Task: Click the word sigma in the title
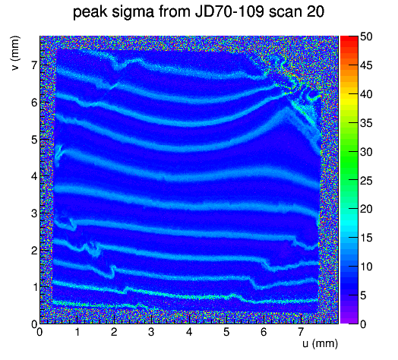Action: [133, 12]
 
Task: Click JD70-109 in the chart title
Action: [229, 11]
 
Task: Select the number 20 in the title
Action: [315, 11]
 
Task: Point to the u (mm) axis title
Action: [320, 343]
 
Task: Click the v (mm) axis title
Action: [15, 53]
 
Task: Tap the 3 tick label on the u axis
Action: [151, 332]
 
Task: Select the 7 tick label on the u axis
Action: [301, 332]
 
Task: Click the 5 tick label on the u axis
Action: [226, 332]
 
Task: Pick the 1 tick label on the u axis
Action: [77, 332]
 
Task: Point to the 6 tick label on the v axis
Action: [34, 103]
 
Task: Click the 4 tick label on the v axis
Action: [34, 176]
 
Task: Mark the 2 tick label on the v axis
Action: [34, 251]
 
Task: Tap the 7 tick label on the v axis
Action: [34, 65]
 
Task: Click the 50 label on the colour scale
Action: [366, 36]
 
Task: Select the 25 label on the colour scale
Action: [366, 181]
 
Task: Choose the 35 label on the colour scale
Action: [366, 123]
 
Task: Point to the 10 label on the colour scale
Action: [366, 267]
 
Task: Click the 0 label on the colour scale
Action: [363, 324]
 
